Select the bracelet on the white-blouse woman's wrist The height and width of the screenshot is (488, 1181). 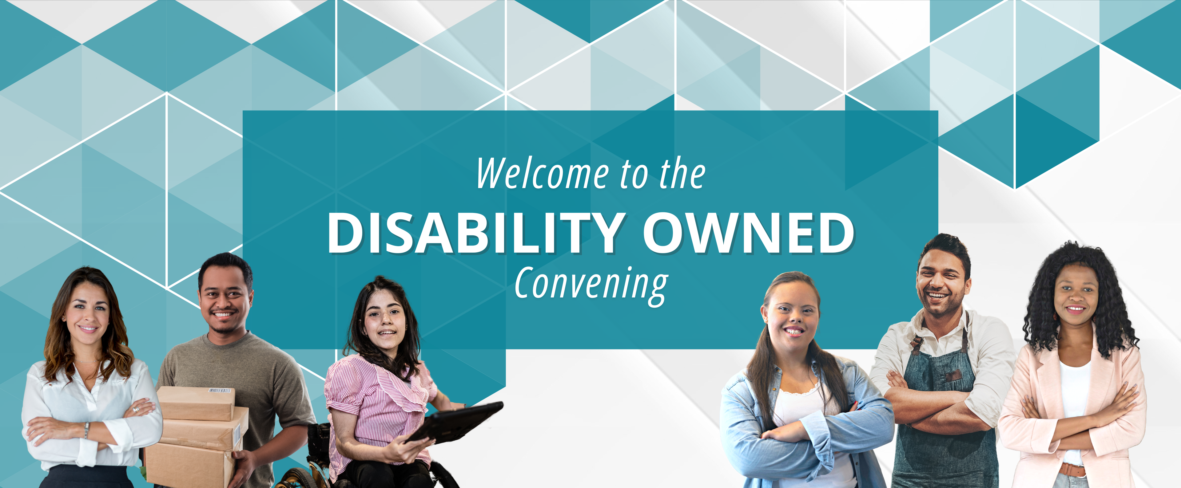pos(86,430)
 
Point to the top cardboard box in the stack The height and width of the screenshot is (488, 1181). pos(196,403)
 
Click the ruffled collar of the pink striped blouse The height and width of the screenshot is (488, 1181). pos(404,385)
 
